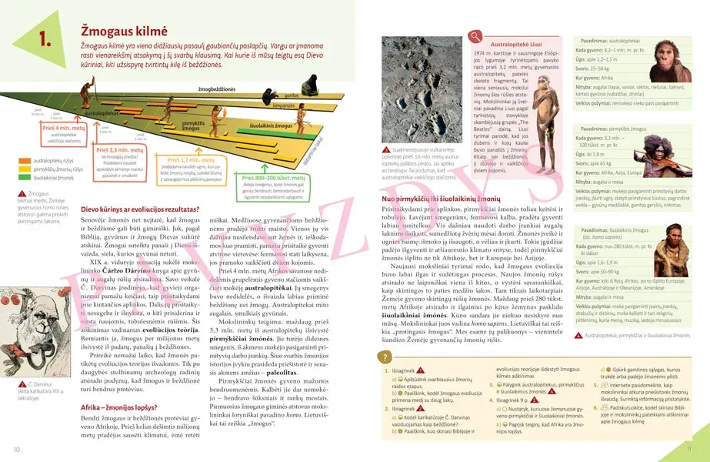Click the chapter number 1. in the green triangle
(x=38, y=38)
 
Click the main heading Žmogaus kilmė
(x=124, y=30)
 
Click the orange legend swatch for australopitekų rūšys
(x=20, y=161)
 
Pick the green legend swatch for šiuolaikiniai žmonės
(x=20, y=177)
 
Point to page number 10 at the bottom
(x=16, y=449)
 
